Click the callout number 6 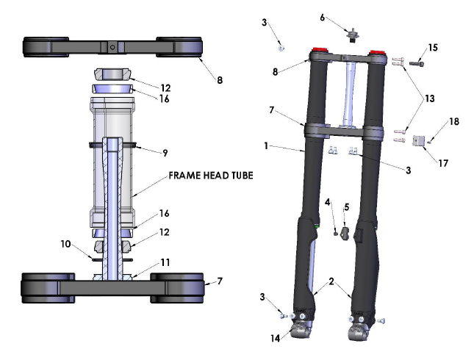[x=322, y=17]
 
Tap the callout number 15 [x=433, y=48]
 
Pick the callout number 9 [x=165, y=153]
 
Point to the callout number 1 [x=267, y=145]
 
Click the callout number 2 [x=331, y=281]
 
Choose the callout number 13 [x=429, y=98]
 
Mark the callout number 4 [x=328, y=201]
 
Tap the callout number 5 [x=346, y=206]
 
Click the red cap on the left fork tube [x=320, y=51]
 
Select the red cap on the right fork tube [x=377, y=53]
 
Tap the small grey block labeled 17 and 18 [x=420, y=140]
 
